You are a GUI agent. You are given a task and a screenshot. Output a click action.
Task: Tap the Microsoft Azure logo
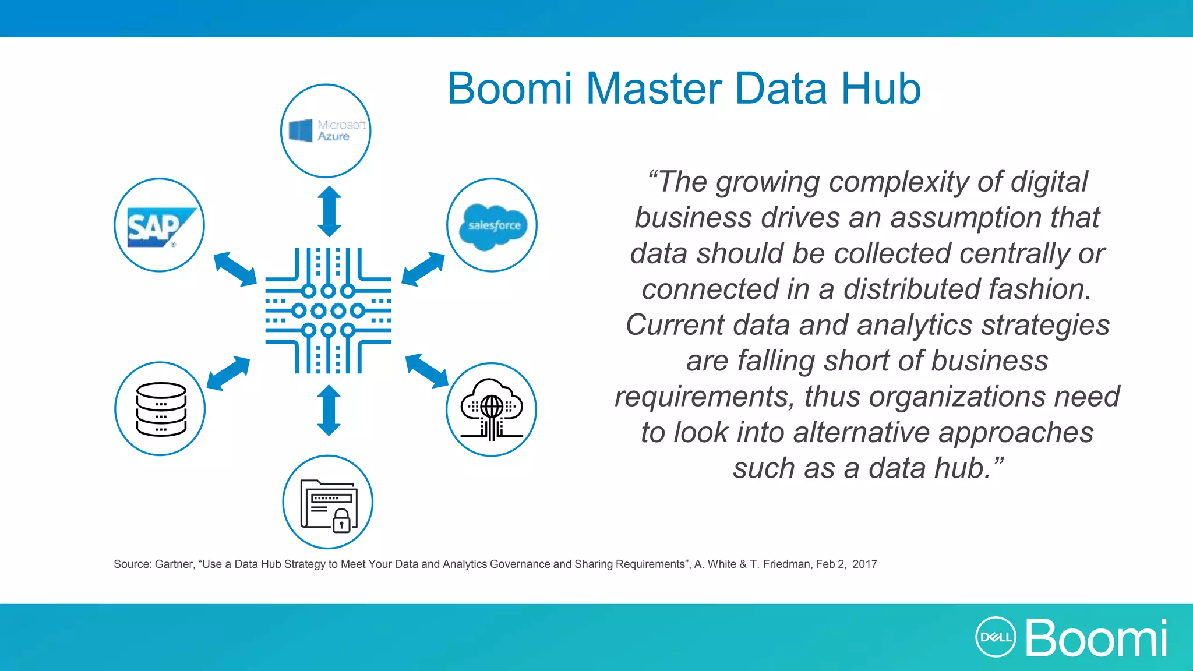327,130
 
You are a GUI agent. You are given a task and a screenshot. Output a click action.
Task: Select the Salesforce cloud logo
493,226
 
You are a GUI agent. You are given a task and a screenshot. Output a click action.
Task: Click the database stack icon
161,409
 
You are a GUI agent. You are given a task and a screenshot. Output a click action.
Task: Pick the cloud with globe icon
491,409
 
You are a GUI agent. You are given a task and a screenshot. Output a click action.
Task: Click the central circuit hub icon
328,310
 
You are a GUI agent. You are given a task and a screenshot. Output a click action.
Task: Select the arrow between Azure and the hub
329,211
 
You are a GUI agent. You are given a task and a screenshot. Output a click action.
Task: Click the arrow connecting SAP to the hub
235,269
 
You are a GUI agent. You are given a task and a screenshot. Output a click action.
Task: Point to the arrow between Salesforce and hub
423,269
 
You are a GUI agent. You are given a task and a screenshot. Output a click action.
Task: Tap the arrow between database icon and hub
228,373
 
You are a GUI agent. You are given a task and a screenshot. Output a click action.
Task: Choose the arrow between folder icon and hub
329,410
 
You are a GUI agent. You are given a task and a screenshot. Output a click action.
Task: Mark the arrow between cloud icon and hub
427,370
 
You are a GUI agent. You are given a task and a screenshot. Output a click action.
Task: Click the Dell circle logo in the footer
996,637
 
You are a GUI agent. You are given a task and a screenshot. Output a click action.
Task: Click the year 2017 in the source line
864,564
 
